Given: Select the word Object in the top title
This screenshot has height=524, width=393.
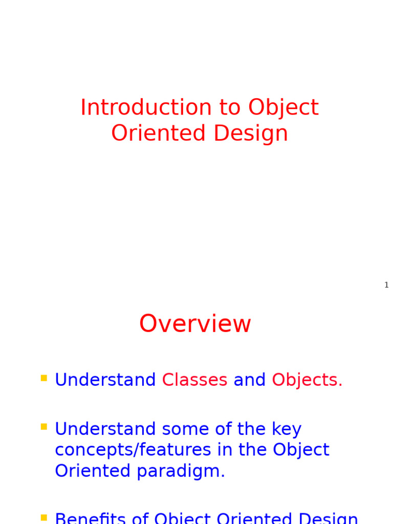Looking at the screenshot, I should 283,108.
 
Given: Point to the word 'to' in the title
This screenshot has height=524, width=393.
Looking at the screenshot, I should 230,108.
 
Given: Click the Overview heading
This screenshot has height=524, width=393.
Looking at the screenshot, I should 195,324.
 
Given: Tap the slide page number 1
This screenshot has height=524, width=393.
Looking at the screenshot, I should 386,285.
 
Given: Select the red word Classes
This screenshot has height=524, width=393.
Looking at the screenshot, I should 194,380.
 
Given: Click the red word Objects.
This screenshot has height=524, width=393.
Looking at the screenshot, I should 307,380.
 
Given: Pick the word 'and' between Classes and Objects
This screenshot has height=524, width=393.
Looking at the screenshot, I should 249,380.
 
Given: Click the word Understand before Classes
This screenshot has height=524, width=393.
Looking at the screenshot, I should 105,380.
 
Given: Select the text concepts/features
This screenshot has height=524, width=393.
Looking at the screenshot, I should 133,450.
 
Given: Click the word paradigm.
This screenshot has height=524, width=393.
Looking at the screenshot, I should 181,471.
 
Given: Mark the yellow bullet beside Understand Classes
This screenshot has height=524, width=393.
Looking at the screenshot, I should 44,379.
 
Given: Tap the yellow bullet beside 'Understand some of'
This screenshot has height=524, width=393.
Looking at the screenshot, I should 44,427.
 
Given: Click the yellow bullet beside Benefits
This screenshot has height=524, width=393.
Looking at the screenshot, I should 44,518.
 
